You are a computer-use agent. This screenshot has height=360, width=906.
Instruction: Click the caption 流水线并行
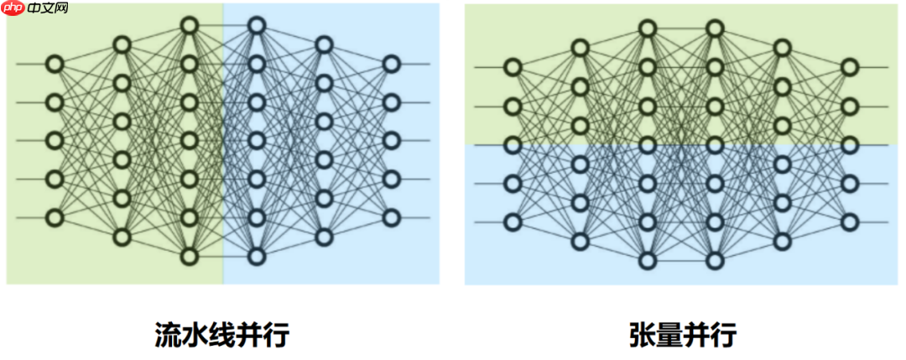(x=221, y=335)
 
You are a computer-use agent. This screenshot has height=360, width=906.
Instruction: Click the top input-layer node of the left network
(x=55, y=64)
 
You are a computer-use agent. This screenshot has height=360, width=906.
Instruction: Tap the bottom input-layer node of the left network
(x=55, y=217)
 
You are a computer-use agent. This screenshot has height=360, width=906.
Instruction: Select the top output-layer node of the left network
(x=391, y=64)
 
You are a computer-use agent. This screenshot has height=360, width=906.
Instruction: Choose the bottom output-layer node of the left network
(x=391, y=217)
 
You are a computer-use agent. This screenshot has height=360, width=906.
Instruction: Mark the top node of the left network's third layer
(x=189, y=25)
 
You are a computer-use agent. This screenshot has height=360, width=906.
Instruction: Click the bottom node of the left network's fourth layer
(x=257, y=256)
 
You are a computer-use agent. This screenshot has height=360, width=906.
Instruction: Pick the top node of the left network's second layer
(x=122, y=44)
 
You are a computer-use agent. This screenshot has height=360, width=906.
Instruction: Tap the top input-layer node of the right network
(x=513, y=67)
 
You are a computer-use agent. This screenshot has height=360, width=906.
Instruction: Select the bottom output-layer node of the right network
(x=850, y=222)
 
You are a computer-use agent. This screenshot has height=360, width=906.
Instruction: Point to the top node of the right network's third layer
(x=647, y=29)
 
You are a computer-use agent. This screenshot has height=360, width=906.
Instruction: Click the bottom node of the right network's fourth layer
(x=715, y=260)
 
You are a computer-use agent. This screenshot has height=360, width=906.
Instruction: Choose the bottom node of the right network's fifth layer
(x=782, y=241)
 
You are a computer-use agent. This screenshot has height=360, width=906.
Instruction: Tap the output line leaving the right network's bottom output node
(x=872, y=222)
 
